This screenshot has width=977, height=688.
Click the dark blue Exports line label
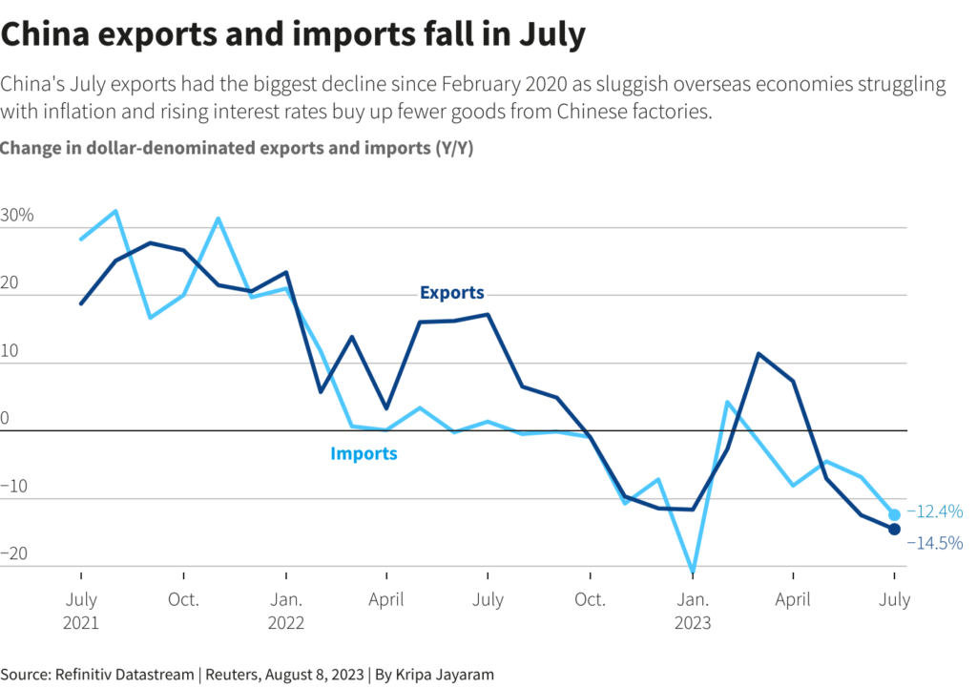[452, 293]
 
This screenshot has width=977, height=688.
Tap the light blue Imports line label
[364, 453]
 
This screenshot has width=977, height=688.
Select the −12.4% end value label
[934, 512]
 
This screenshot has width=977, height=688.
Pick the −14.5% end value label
[934, 543]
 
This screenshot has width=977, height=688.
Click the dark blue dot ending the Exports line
[894, 529]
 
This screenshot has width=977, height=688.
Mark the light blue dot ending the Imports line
[894, 514]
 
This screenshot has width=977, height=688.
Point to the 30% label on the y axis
[17, 215]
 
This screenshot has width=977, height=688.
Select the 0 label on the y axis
[5, 418]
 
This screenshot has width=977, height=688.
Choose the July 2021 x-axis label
[81, 611]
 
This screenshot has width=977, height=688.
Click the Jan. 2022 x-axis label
[286, 611]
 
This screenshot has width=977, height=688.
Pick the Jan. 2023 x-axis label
[692, 611]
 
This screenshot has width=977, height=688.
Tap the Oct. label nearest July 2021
[183, 600]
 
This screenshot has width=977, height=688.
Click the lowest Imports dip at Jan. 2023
[692, 572]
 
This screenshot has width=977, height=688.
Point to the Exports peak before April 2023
[759, 354]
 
